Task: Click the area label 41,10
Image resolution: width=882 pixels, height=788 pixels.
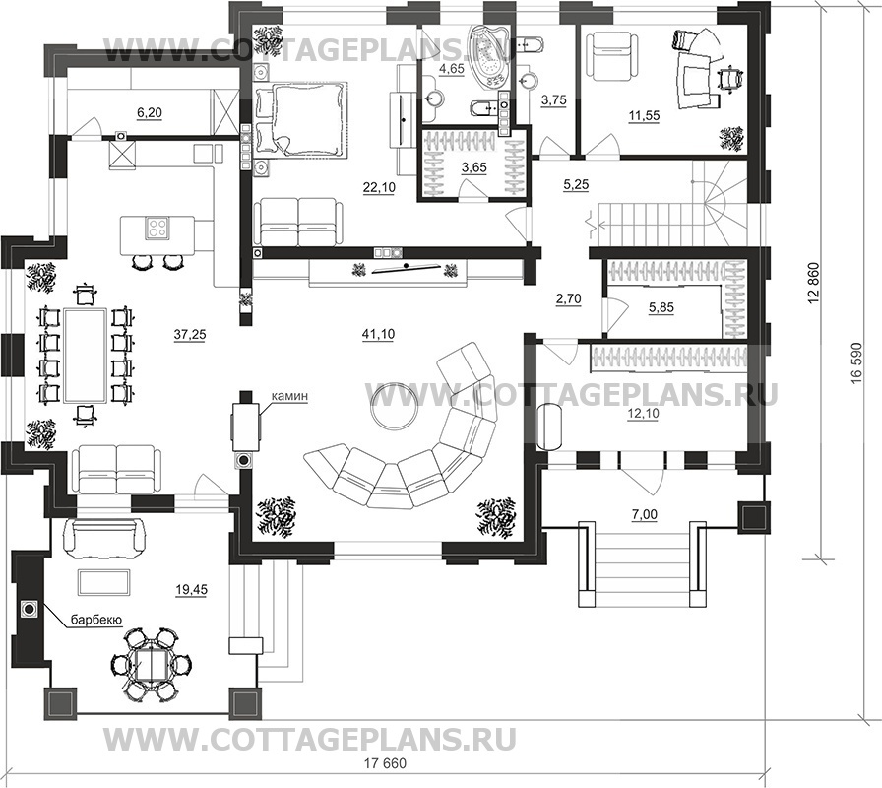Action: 379,334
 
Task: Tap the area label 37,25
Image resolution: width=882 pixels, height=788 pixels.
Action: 190,335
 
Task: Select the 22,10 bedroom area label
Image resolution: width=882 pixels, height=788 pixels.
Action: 379,188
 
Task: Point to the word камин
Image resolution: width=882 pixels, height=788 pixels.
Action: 289,396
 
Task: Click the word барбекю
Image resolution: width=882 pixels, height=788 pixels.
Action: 96,621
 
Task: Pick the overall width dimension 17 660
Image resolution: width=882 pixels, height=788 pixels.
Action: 385,764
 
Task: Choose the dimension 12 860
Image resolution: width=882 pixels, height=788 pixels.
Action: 814,285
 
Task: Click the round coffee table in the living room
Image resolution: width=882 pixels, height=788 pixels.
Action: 394,406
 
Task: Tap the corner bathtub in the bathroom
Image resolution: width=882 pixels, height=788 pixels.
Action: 488,58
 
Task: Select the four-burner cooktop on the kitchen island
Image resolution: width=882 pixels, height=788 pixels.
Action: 157,228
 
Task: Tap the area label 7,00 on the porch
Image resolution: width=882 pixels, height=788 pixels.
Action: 645,514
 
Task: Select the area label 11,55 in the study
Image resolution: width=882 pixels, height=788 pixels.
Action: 644,116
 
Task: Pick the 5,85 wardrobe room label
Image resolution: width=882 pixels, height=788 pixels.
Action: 661,308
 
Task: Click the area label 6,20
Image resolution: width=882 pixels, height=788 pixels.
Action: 149,113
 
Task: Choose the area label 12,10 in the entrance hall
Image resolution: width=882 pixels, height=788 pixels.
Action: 643,414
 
